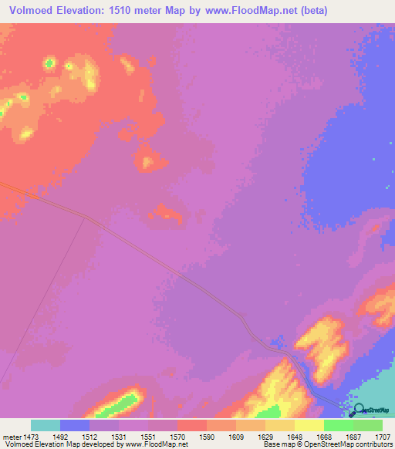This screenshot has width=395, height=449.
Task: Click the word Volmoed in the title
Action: [x=29, y=11]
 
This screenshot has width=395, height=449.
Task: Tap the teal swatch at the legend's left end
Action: [x=45, y=425]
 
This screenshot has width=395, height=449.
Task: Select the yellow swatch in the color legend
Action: [x=309, y=425]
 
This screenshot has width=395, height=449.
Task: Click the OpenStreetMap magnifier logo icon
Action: [x=360, y=410]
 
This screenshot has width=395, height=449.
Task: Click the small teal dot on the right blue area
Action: [x=388, y=186]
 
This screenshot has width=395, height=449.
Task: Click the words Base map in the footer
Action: [x=278, y=444]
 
